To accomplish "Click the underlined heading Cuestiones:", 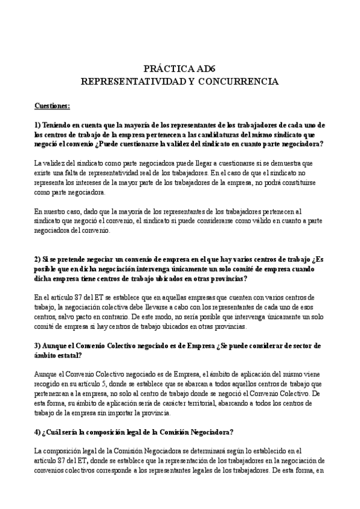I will (53, 106).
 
